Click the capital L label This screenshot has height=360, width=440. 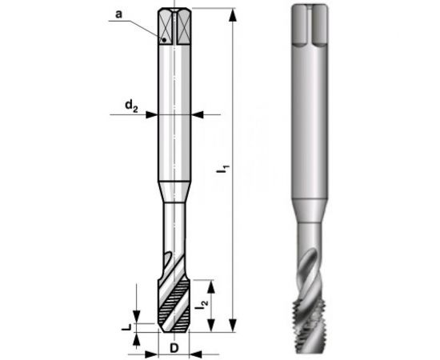tap(126, 328)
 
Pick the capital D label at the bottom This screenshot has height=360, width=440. tap(174, 350)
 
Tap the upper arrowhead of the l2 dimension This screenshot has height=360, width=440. tap(210, 282)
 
